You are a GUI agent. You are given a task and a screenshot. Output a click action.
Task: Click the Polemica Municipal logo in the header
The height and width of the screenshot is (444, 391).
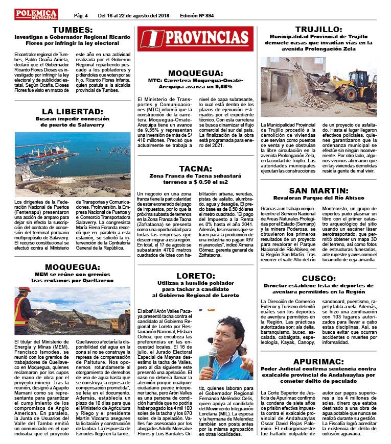[36, 14]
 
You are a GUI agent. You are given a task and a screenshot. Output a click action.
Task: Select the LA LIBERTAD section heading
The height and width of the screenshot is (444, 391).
[72, 111]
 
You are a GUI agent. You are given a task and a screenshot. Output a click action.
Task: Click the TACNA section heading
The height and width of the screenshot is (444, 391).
[196, 168]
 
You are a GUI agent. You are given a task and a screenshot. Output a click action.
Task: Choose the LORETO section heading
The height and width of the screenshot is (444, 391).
[195, 275]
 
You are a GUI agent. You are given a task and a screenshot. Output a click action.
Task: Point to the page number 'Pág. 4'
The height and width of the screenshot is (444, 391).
[81, 15]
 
